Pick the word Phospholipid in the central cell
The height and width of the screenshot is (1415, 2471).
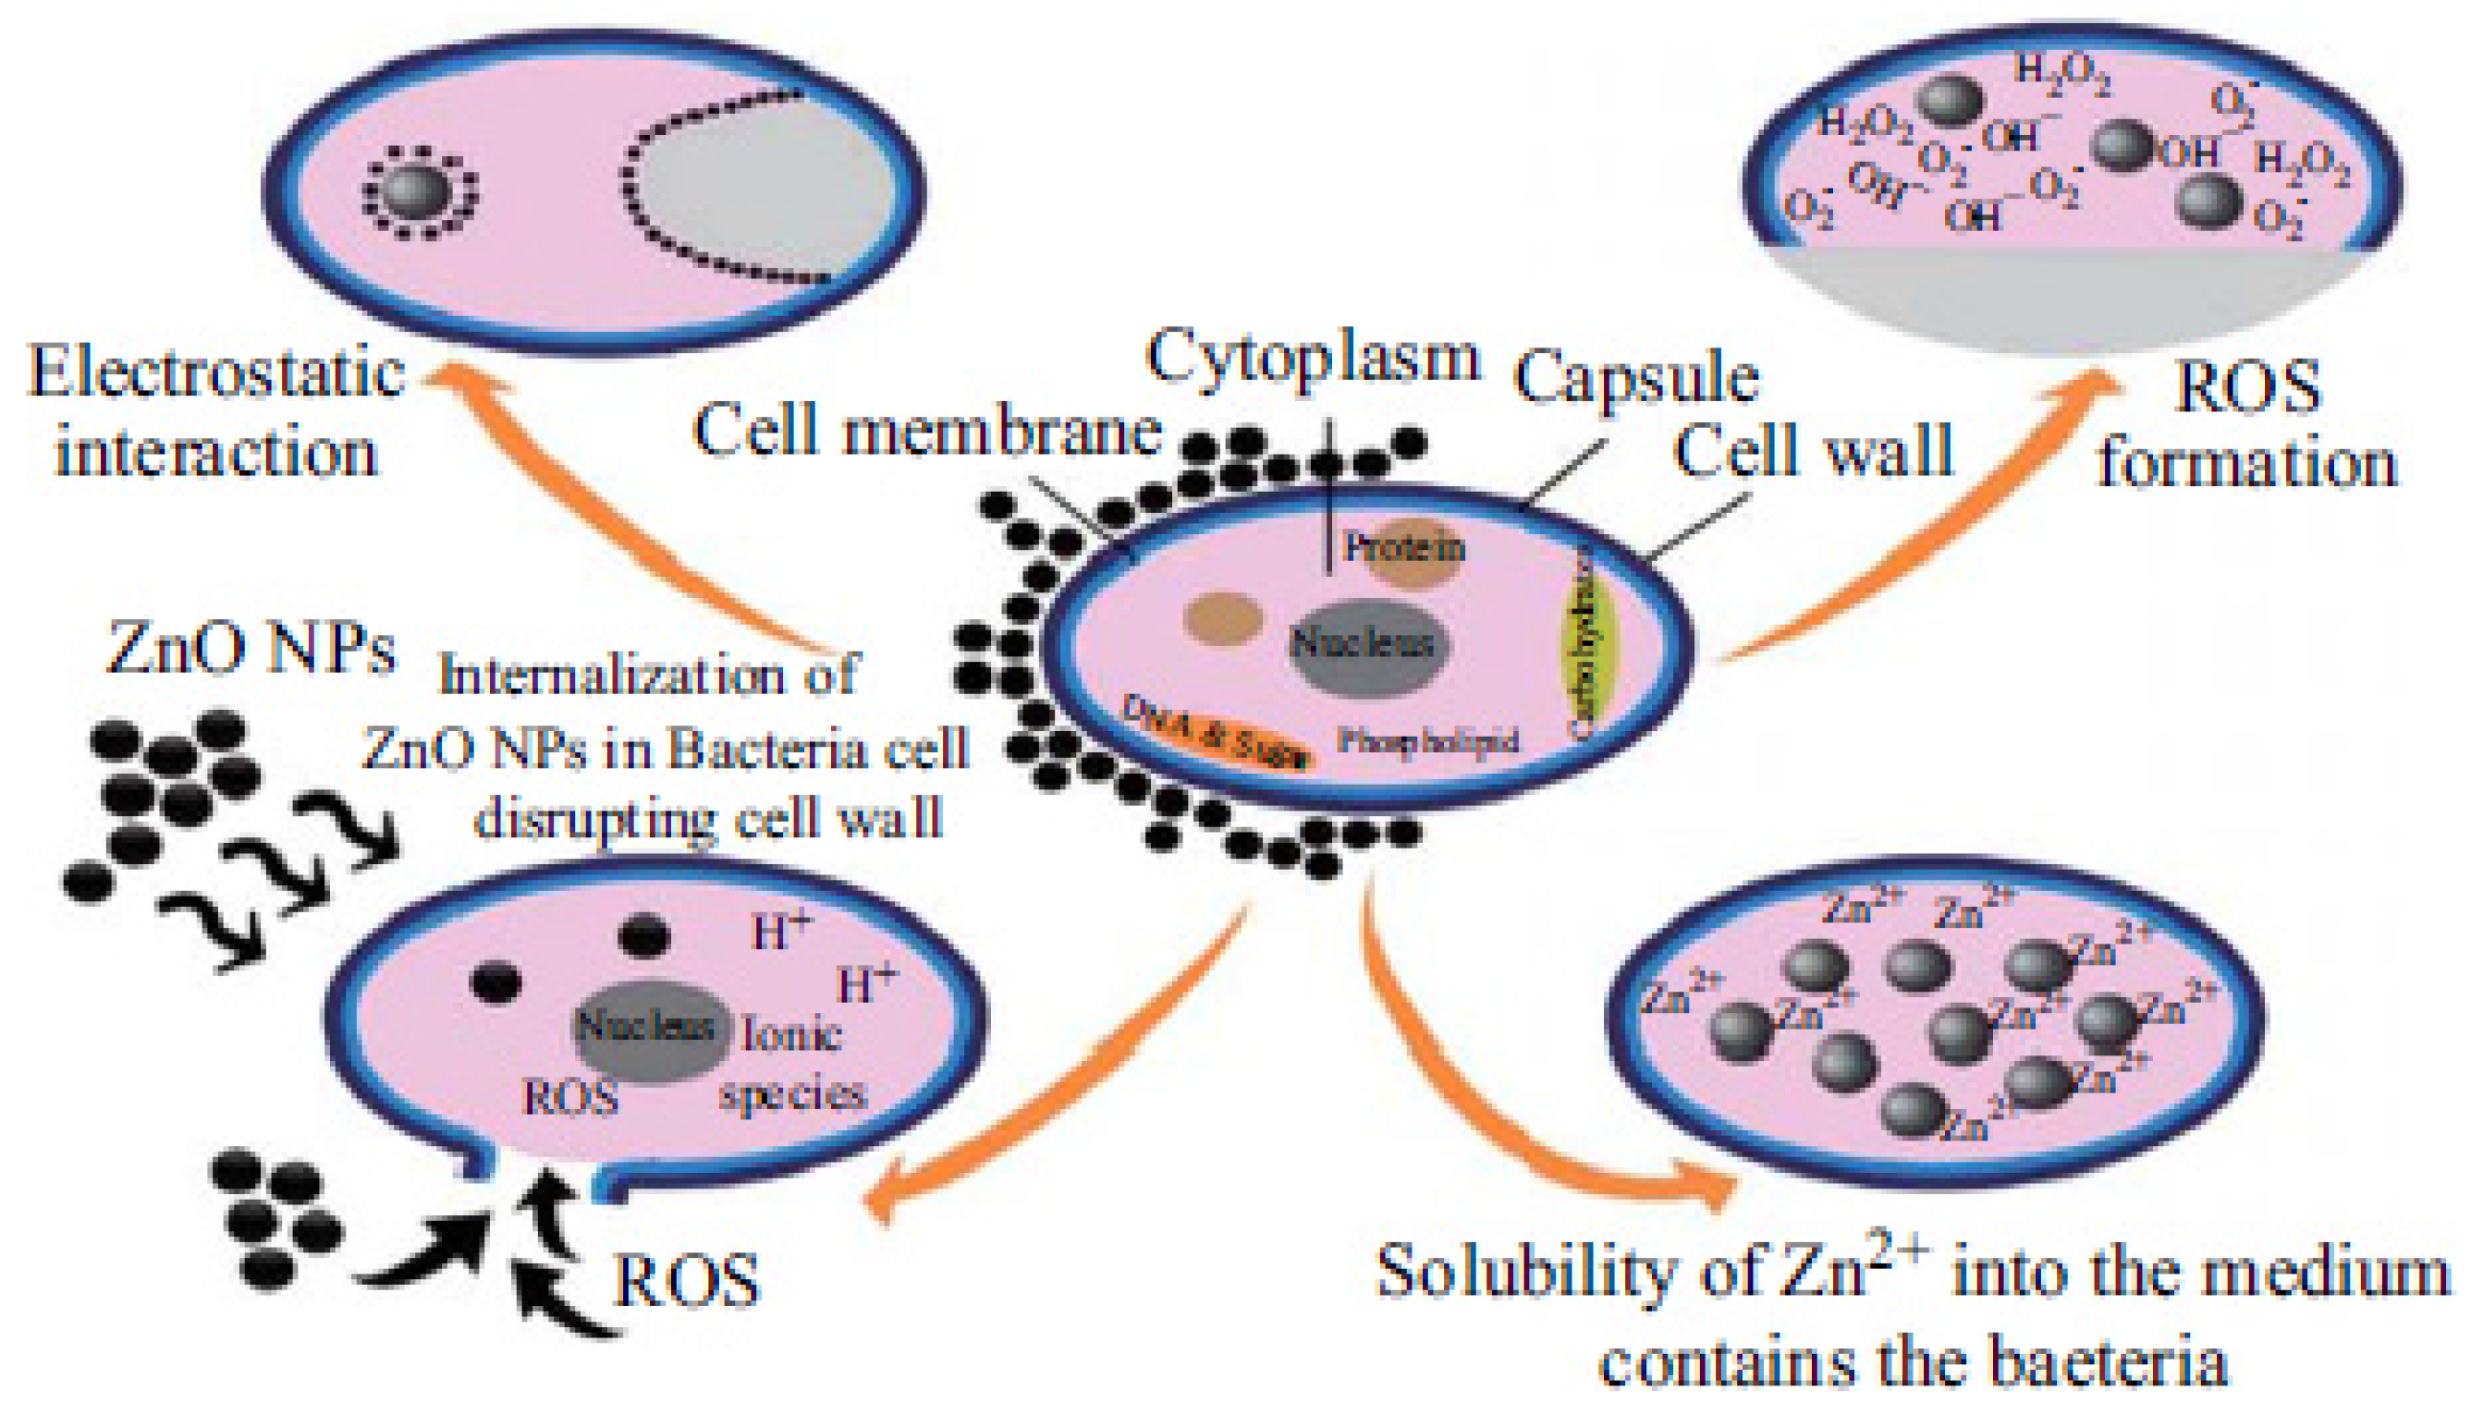[1427, 741]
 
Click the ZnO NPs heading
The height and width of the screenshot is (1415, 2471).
[251, 648]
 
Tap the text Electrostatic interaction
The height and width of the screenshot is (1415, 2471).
[215, 413]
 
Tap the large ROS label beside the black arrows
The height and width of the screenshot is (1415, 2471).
[686, 1281]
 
